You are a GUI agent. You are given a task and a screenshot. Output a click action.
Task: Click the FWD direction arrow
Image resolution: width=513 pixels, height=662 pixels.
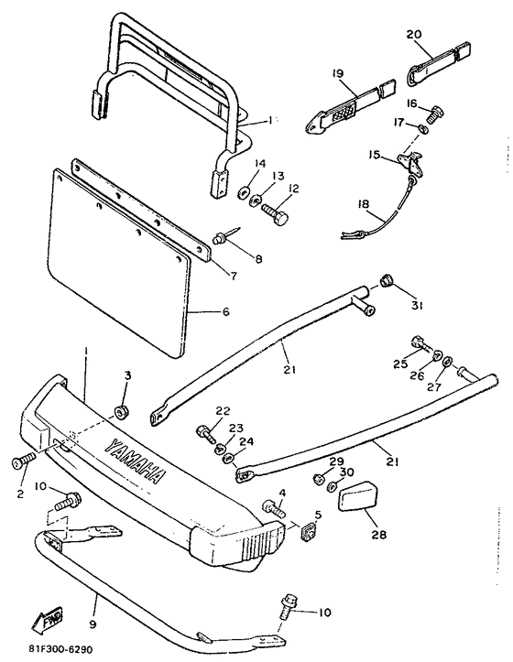pyautogui.click(x=47, y=619)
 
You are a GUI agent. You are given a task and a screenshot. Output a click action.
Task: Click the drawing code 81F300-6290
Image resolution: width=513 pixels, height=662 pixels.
pyautogui.click(x=60, y=649)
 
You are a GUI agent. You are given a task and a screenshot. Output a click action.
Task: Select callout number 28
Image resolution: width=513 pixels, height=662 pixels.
pyautogui.click(x=379, y=535)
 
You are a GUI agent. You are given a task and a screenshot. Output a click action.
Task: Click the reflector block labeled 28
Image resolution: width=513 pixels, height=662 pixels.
pyautogui.click(x=358, y=498)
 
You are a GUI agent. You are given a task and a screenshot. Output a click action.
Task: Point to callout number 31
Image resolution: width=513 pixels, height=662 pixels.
pyautogui.click(x=417, y=305)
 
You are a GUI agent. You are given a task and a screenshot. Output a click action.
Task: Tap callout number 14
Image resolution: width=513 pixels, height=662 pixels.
pyautogui.click(x=260, y=163)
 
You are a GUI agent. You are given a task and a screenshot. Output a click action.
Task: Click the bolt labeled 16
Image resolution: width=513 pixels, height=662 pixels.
pyautogui.click(x=435, y=114)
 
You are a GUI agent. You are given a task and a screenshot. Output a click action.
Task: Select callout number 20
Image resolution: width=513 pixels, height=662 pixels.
pyautogui.click(x=414, y=34)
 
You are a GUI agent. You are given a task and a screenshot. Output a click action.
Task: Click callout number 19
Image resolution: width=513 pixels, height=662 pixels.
pyautogui.click(x=338, y=73)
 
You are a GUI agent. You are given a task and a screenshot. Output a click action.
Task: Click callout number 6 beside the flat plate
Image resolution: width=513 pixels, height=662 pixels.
pyautogui.click(x=225, y=312)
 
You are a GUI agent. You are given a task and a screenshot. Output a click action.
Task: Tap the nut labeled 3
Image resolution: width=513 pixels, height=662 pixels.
pyautogui.click(x=121, y=411)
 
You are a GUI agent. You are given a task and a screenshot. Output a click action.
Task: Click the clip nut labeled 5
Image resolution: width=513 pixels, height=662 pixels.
pyautogui.click(x=308, y=534)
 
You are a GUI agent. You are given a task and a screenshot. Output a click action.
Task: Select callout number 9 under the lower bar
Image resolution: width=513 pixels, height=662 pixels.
pyautogui.click(x=93, y=624)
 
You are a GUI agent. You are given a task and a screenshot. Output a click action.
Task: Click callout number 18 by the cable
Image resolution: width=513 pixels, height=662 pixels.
pyautogui.click(x=363, y=205)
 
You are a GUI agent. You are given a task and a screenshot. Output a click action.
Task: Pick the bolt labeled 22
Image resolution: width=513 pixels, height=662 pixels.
pyautogui.click(x=207, y=434)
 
